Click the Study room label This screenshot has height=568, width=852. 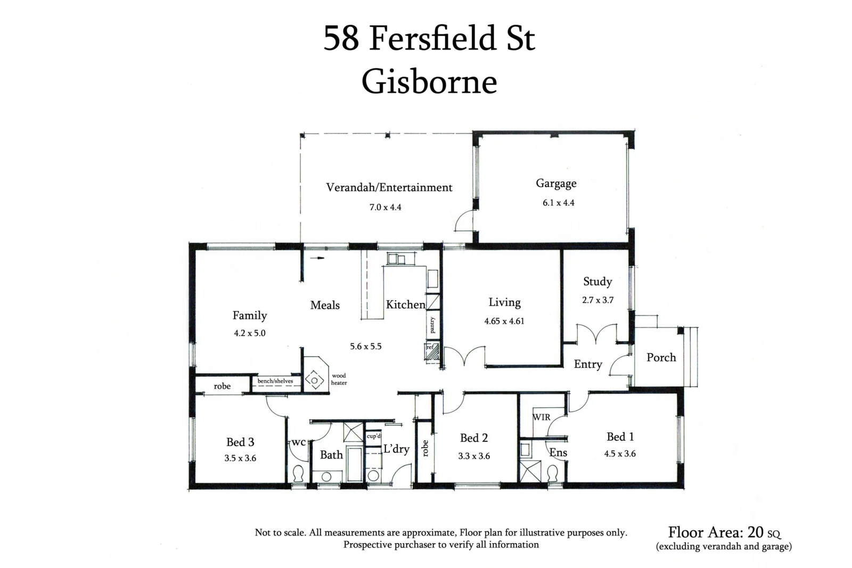[x=597, y=282]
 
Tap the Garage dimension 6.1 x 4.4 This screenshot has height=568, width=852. [x=558, y=203]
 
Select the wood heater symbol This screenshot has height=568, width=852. [x=314, y=380]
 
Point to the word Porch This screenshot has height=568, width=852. [x=661, y=358]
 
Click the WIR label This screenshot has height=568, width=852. [x=542, y=417]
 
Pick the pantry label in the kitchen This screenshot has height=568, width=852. [x=432, y=325]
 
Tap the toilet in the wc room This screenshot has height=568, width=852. [x=298, y=473]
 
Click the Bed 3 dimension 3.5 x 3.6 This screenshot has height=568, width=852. [x=240, y=458]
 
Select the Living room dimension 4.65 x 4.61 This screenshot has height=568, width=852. [x=504, y=321]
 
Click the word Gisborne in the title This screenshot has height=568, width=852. [x=429, y=82]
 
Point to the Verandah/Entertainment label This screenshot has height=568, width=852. [x=389, y=187]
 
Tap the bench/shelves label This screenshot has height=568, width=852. [x=275, y=381]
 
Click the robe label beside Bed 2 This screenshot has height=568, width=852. [x=425, y=448]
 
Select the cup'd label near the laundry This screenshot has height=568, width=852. [x=374, y=436]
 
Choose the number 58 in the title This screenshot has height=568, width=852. [x=341, y=38]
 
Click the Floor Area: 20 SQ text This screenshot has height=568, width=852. [x=724, y=532]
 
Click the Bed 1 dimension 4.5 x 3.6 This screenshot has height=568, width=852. [x=620, y=454]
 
